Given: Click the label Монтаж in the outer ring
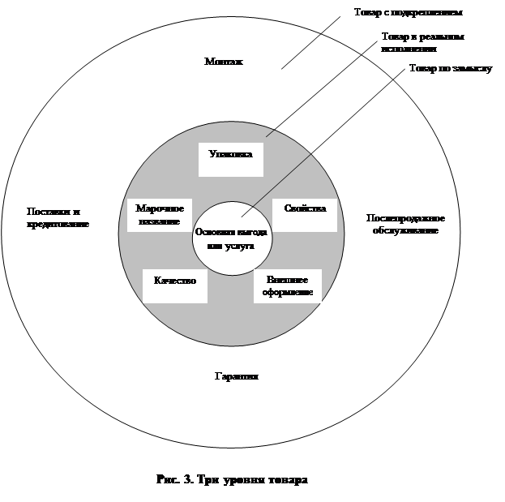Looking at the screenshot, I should pyautogui.click(x=225, y=62).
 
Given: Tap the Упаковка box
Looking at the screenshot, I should pyautogui.click(x=231, y=158).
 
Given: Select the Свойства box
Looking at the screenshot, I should pyautogui.click(x=305, y=209).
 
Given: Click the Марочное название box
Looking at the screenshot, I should pyautogui.click(x=160, y=215).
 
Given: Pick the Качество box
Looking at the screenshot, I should pyautogui.click(x=174, y=281).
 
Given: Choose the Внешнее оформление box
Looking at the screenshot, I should pyautogui.click(x=288, y=285).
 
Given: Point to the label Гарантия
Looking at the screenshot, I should pyautogui.click(x=237, y=377).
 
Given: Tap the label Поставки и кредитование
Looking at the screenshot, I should pyautogui.click(x=58, y=217).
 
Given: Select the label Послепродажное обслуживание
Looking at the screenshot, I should pyautogui.click(x=405, y=224).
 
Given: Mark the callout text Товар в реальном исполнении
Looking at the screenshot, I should pyautogui.click(x=414, y=42).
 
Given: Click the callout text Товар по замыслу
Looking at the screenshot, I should pyautogui.click(x=451, y=68).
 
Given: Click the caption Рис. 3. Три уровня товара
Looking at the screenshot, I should pyautogui.click(x=232, y=479).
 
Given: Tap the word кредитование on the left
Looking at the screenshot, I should pyautogui.click(x=58, y=224).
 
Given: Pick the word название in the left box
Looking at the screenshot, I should pyautogui.click(x=159, y=221).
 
